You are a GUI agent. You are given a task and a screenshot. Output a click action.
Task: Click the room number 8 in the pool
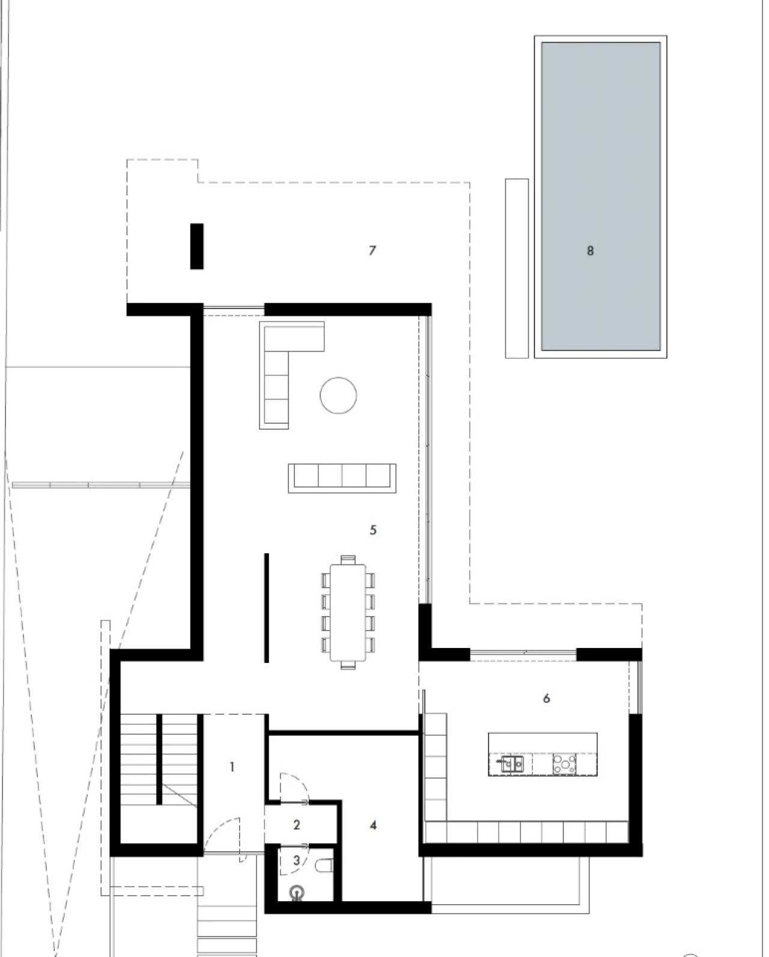(x=590, y=251)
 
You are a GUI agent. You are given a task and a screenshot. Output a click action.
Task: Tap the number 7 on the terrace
(x=372, y=251)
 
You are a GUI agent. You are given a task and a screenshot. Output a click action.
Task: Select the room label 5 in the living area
(x=373, y=530)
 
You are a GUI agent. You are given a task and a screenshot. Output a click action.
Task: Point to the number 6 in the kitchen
(x=546, y=699)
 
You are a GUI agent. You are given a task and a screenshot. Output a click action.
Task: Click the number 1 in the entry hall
(x=231, y=767)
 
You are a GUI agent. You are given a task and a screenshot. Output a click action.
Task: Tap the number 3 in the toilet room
(x=297, y=860)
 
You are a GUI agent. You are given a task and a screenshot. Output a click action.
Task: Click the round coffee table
(x=338, y=396)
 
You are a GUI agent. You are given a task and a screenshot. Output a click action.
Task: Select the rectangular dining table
(x=348, y=613)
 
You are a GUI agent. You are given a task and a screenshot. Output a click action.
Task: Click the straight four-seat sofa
(x=342, y=478)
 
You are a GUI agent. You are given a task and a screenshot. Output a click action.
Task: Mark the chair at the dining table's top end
(x=348, y=560)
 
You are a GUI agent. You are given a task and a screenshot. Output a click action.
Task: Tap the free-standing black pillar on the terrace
(x=197, y=246)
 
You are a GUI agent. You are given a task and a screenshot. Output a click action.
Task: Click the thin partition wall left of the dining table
(x=266, y=608)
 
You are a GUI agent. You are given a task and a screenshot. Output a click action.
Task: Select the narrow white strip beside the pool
(x=517, y=269)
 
